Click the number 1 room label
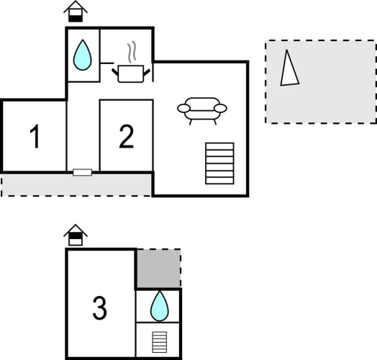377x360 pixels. (x=35, y=137)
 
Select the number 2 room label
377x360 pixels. (x=127, y=137)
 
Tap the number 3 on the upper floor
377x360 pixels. (x=100, y=308)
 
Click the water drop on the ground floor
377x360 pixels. (x=83, y=55)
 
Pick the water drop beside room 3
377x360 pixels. (x=160, y=306)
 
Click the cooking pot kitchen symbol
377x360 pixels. (x=131, y=73)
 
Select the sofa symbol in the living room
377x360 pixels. (x=202, y=111)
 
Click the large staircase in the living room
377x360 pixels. (x=219, y=163)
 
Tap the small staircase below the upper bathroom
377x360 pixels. (x=160, y=342)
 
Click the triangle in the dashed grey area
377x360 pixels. (x=289, y=68)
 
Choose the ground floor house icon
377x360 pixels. (x=76, y=12)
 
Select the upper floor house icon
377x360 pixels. (x=76, y=235)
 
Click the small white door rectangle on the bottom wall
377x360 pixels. (x=83, y=172)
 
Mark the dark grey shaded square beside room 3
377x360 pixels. (x=159, y=269)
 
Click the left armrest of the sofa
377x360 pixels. (x=183, y=108)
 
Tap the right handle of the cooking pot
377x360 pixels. (x=147, y=72)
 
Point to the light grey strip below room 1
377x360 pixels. (x=76, y=185)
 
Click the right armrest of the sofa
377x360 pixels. (x=220, y=108)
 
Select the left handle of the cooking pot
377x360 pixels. (x=115, y=72)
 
